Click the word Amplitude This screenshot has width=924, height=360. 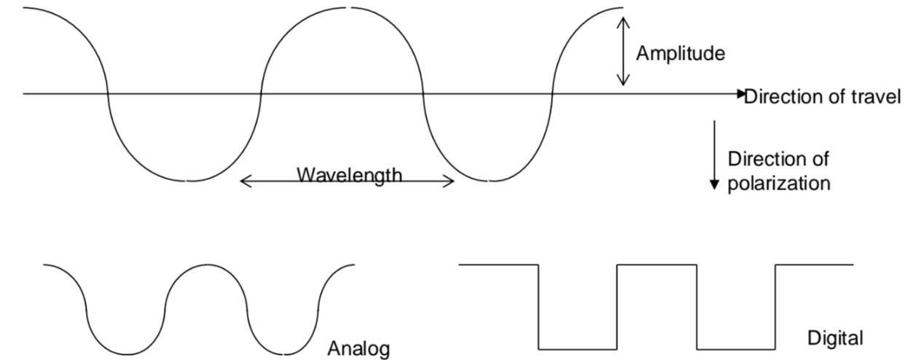681,53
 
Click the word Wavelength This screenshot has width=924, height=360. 349,175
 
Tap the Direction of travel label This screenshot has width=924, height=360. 822,97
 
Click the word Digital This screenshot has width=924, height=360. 835,338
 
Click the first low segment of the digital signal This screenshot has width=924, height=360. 577,348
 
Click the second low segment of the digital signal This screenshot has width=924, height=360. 736,348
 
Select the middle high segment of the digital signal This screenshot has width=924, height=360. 657,265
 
